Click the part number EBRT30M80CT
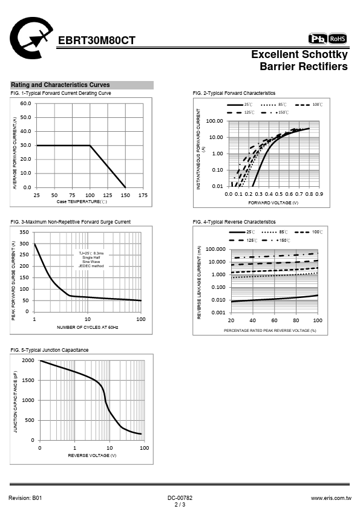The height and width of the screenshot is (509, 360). click(x=96, y=41)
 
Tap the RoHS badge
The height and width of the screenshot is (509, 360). click(x=338, y=39)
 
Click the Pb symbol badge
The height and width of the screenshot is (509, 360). click(x=318, y=39)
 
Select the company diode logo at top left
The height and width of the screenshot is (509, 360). click(x=31, y=38)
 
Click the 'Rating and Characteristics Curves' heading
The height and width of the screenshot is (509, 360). click(x=61, y=85)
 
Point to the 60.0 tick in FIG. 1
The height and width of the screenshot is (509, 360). click(x=25, y=103)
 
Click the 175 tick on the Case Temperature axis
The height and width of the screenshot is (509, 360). click(x=143, y=195)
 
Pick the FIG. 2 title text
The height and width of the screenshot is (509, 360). click(x=234, y=93)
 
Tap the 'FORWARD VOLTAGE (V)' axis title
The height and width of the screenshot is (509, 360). click(x=273, y=203)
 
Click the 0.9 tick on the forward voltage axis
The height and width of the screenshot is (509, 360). click(x=319, y=194)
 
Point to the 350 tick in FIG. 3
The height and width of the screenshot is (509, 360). click(x=24, y=232)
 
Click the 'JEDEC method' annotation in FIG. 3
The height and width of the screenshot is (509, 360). click(x=91, y=266)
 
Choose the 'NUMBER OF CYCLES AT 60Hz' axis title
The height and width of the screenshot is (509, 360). click(x=87, y=327)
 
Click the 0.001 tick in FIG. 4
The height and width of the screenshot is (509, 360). click(x=218, y=313)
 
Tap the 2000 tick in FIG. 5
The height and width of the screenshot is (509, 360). click(x=28, y=360)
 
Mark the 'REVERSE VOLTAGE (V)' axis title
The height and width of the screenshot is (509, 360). click(x=92, y=455)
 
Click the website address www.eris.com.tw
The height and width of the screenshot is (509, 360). click(x=331, y=498)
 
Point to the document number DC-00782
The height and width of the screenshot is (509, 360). click(x=180, y=498)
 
